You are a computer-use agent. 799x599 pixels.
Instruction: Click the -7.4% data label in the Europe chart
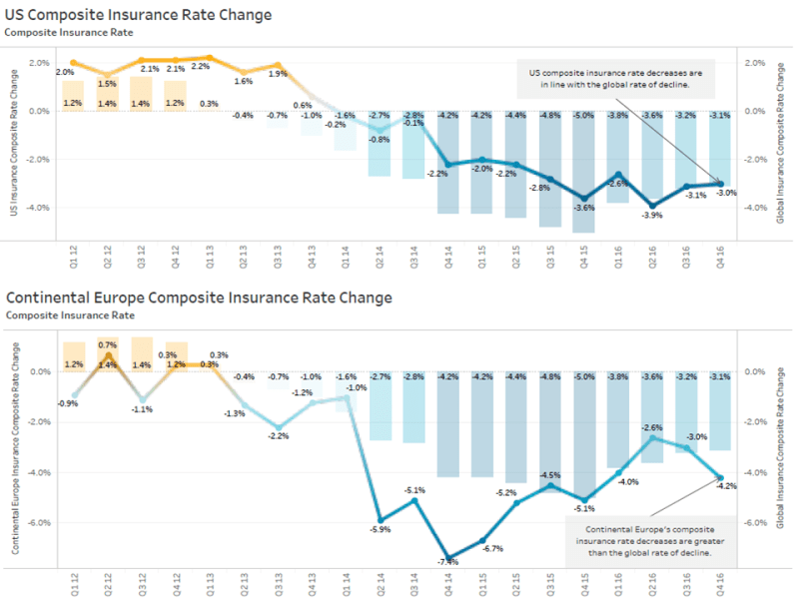click(x=448, y=562)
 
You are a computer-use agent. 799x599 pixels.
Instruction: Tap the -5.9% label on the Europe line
click(x=381, y=529)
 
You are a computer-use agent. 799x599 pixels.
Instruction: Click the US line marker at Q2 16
click(x=653, y=205)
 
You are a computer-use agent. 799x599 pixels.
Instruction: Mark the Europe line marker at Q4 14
click(x=449, y=558)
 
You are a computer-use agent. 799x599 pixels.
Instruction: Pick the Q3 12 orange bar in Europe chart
click(x=142, y=354)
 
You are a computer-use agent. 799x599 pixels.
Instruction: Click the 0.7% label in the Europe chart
click(x=108, y=344)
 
